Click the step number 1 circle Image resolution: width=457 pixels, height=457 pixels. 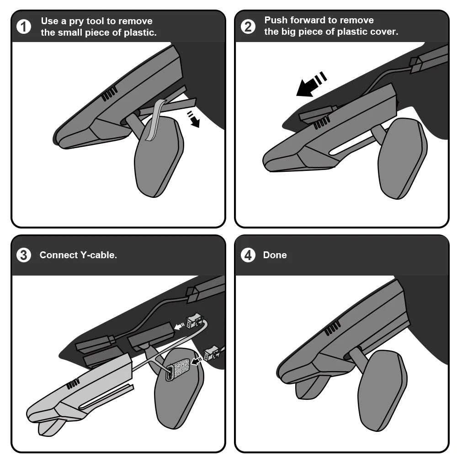[24, 27]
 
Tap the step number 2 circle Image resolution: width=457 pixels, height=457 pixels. [248, 27]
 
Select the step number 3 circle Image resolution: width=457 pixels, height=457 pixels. [24, 255]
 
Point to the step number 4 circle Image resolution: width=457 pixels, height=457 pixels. [248, 255]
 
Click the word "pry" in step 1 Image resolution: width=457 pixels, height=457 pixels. [77, 21]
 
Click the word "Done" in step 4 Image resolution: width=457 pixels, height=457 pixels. [275, 255]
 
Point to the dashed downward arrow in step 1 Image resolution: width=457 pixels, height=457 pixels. [193, 119]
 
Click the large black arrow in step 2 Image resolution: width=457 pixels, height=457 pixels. [311, 84]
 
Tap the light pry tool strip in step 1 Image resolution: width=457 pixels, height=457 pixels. [156, 120]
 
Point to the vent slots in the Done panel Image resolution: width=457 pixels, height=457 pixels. [332, 328]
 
